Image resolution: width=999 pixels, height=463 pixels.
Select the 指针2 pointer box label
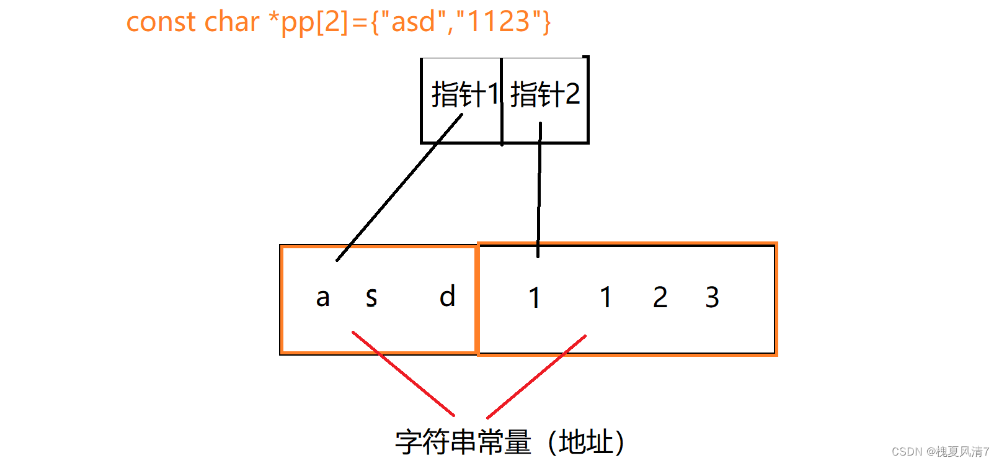pyautogui.click(x=545, y=95)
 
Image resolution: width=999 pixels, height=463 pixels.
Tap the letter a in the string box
pyautogui.click(x=322, y=297)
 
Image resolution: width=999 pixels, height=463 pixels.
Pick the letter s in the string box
pyautogui.click(x=371, y=297)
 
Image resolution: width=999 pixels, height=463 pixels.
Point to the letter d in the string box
pyautogui.click(x=447, y=296)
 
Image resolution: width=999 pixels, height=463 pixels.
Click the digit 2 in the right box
pyautogui.click(x=660, y=297)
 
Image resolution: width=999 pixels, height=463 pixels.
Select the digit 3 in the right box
pyautogui.click(x=712, y=297)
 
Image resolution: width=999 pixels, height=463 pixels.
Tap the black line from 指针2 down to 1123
pyautogui.click(x=539, y=192)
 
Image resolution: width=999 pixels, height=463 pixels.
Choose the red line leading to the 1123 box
pyautogui.click(x=536, y=376)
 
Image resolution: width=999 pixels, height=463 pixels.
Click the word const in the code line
pyautogui.click(x=161, y=22)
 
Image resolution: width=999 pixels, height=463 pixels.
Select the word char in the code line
pyautogui.click(x=231, y=22)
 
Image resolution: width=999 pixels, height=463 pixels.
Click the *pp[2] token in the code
pyautogui.click(x=308, y=22)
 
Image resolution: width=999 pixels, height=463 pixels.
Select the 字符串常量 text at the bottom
pyautogui.click(x=463, y=442)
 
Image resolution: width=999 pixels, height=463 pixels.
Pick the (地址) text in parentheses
pyautogui.click(x=586, y=442)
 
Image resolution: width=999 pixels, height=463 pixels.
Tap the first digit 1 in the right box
pyautogui.click(x=535, y=297)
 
